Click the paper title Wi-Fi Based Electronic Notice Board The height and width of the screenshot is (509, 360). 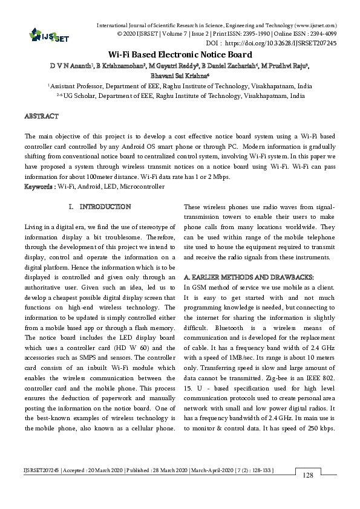click(180, 54)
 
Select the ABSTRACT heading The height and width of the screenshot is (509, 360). click(41, 115)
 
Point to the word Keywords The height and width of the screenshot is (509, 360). click(39, 187)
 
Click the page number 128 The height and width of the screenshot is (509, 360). click(307, 476)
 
